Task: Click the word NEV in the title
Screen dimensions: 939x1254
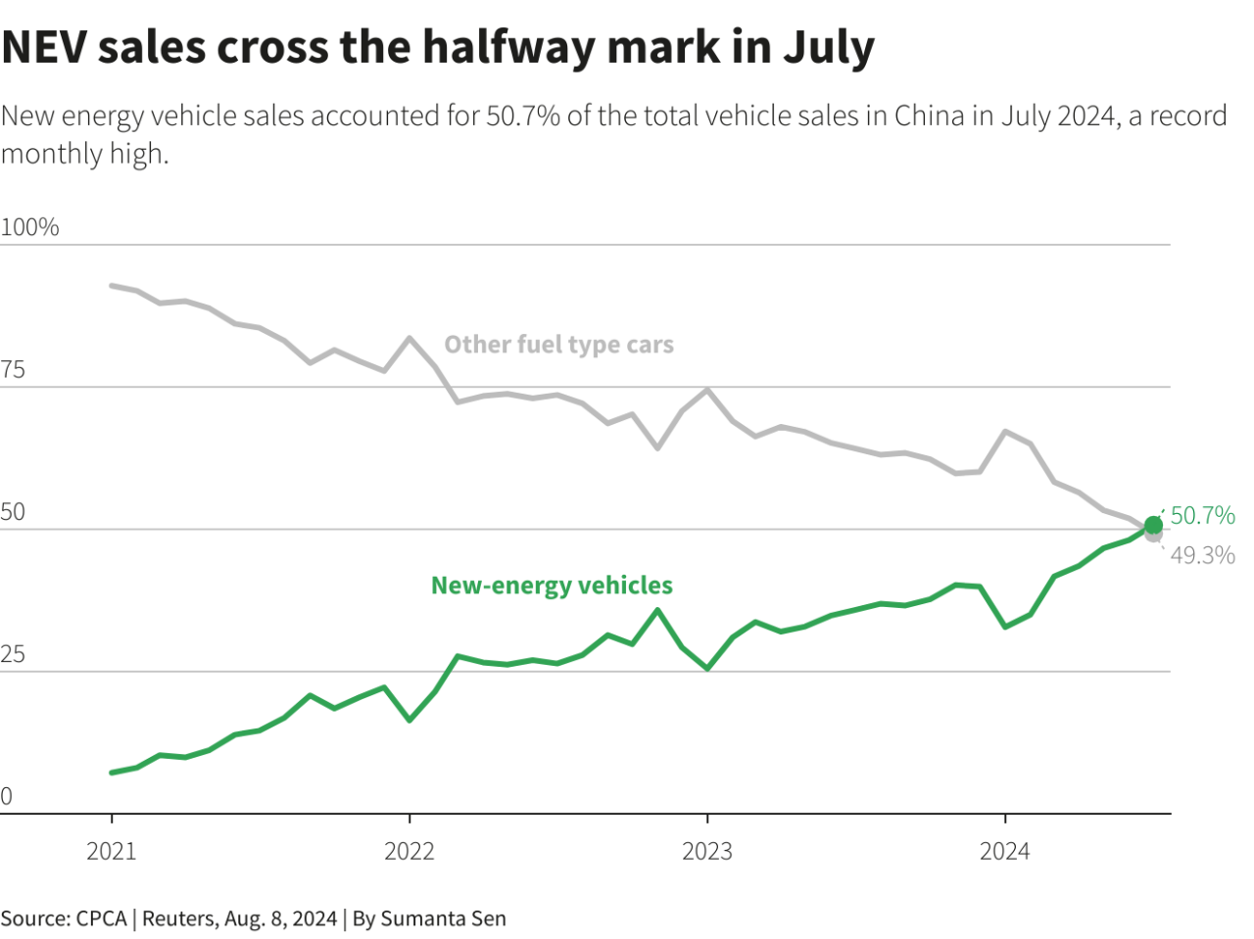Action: [43, 47]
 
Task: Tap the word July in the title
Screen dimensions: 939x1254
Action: [828, 47]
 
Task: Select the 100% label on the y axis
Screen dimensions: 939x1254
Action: [29, 227]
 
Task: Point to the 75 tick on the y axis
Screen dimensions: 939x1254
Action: [13, 370]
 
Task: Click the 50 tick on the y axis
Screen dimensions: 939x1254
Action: [13, 512]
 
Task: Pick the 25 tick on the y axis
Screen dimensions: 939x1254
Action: [13, 654]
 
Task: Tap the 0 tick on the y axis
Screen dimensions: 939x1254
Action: [7, 797]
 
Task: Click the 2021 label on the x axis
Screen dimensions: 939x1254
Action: [112, 851]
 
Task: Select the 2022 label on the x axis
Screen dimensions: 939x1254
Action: [410, 851]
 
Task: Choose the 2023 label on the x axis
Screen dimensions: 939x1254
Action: [707, 851]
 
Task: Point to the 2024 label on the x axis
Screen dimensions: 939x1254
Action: [1005, 851]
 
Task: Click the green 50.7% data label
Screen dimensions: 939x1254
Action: [1203, 515]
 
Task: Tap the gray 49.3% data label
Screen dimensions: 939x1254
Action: [1203, 555]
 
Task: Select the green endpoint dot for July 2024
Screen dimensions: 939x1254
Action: [1154, 526]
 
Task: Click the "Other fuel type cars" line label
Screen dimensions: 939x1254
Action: [558, 345]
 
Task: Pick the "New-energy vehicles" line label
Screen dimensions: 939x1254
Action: [552, 586]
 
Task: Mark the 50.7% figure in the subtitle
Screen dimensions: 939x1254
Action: [523, 116]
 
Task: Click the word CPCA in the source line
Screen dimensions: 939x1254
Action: [101, 918]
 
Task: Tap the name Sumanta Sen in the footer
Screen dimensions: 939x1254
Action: [443, 918]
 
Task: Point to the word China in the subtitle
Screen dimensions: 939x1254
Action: [930, 116]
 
